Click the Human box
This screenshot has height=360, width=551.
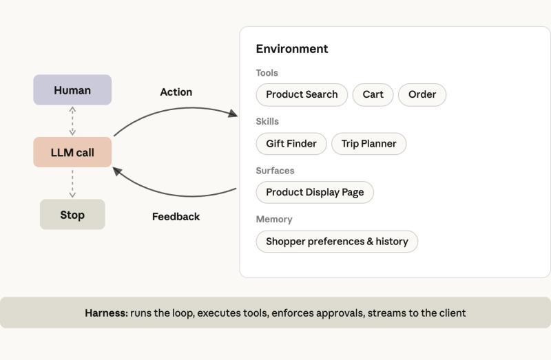(x=72, y=90)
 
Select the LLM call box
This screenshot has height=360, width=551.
(x=72, y=152)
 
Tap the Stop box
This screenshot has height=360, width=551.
(x=72, y=215)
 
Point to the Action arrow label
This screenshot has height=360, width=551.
(x=176, y=92)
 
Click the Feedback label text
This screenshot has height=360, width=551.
(x=176, y=217)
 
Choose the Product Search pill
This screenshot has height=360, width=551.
(x=302, y=95)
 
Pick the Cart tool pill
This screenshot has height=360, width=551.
(x=373, y=95)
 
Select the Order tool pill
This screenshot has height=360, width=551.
(x=422, y=95)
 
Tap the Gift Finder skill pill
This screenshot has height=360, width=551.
(x=291, y=144)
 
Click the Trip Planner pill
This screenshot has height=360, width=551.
(x=369, y=144)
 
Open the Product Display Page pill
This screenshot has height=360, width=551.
(x=315, y=193)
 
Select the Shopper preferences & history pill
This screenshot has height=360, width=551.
(x=337, y=242)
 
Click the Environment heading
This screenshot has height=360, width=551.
(x=292, y=49)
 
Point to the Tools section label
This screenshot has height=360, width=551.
(x=267, y=73)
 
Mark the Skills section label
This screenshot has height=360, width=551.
(x=267, y=122)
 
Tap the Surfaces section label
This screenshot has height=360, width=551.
(x=275, y=171)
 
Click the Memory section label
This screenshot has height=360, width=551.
(x=274, y=220)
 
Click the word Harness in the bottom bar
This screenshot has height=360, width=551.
(x=107, y=313)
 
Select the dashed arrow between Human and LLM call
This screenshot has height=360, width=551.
(x=72, y=121)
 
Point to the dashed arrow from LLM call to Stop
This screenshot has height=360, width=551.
(x=72, y=183)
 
